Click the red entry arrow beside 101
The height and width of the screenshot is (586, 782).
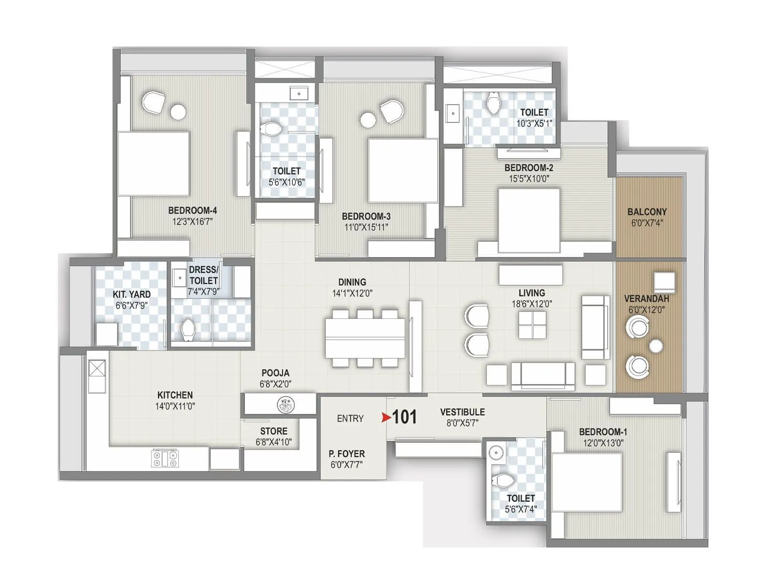click(386, 418)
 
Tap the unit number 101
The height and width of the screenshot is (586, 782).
click(405, 417)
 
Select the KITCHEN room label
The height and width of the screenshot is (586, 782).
click(175, 395)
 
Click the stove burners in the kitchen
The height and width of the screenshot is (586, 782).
click(165, 459)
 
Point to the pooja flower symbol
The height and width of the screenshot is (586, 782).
click(286, 404)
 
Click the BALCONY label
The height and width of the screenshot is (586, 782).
click(647, 212)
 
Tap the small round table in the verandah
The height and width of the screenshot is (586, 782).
click(656, 346)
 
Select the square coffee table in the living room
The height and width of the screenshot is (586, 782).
click(532, 325)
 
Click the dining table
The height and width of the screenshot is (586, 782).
click(365, 338)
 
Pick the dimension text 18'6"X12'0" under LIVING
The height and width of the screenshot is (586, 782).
click(531, 304)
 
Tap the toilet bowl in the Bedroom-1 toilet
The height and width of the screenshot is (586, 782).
click(503, 481)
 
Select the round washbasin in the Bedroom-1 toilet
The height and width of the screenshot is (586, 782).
click(496, 453)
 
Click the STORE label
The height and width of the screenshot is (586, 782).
click(274, 431)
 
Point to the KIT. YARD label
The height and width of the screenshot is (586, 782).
click(131, 294)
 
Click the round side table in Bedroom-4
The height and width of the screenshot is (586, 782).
click(178, 112)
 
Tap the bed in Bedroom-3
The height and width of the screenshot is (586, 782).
click(403, 170)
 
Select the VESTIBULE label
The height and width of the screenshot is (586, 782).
click(462, 412)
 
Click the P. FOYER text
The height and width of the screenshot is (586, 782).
click(347, 454)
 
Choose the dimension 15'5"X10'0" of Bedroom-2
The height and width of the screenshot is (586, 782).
click(529, 179)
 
